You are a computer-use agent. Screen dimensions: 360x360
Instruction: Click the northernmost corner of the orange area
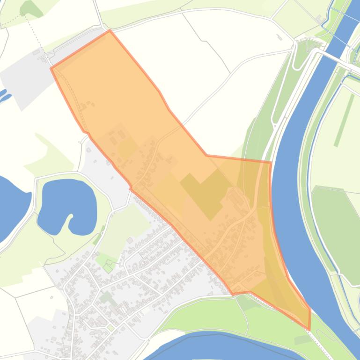click(110, 31)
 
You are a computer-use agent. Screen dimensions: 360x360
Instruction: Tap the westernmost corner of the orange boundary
click(51, 68)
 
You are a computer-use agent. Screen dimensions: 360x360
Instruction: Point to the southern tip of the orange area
click(309, 330)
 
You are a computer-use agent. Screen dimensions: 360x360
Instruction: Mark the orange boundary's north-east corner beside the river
click(271, 162)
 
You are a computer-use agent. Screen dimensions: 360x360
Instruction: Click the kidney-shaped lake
click(66, 206)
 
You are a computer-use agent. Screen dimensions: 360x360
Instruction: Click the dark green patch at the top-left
click(31, 8)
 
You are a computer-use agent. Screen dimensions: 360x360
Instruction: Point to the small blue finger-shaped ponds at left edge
click(5, 96)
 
